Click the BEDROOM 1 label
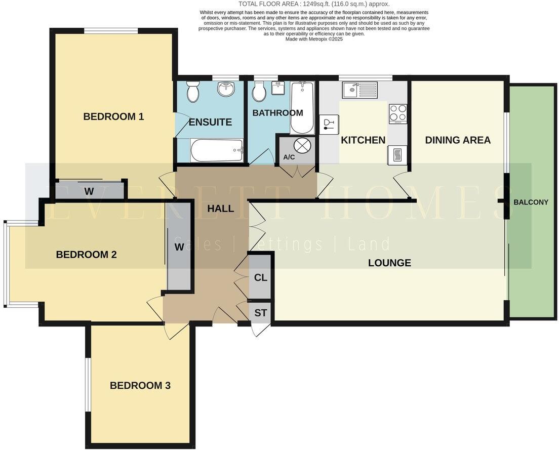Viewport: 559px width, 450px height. coord(113,116)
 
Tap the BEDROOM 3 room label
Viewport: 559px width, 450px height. coord(140,386)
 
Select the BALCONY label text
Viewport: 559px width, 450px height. coord(531,202)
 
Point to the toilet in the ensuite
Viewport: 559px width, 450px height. coord(193,92)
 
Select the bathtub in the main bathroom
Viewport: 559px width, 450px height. coord(302,107)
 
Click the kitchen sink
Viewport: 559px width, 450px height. coord(358,90)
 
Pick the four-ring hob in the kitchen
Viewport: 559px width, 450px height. coord(397,113)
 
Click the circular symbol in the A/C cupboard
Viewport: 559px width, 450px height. coord(302,145)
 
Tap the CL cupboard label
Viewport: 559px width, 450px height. coord(261,278)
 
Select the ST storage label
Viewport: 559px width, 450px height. coord(260,313)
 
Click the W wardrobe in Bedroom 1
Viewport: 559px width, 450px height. coord(89,191)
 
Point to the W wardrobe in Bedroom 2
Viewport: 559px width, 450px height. coord(179,248)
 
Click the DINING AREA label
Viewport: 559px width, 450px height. coord(458,140)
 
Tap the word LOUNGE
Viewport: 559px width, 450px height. coord(389,263)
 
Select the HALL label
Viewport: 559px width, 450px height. coord(221,208)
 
